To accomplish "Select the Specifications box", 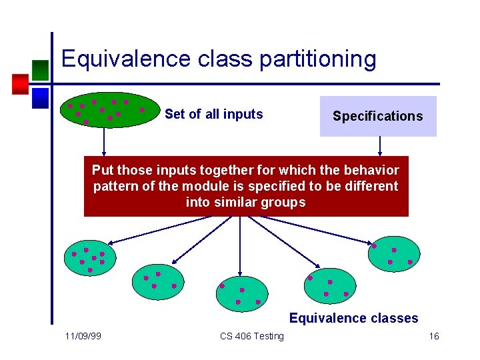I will (378, 116).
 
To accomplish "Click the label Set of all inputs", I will (213, 114).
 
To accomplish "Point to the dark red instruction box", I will (246, 187).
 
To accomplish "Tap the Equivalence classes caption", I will (353, 318).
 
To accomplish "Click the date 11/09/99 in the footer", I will (83, 336).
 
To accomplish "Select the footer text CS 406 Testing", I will (252, 336).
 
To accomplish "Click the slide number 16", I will (433, 336).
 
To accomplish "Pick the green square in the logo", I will (40, 70).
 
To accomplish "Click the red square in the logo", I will (20, 84).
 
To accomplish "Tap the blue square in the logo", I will (41, 98).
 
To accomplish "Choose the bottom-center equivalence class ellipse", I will (242, 294).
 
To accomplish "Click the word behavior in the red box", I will (369, 170).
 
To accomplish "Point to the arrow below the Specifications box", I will (379, 146).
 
